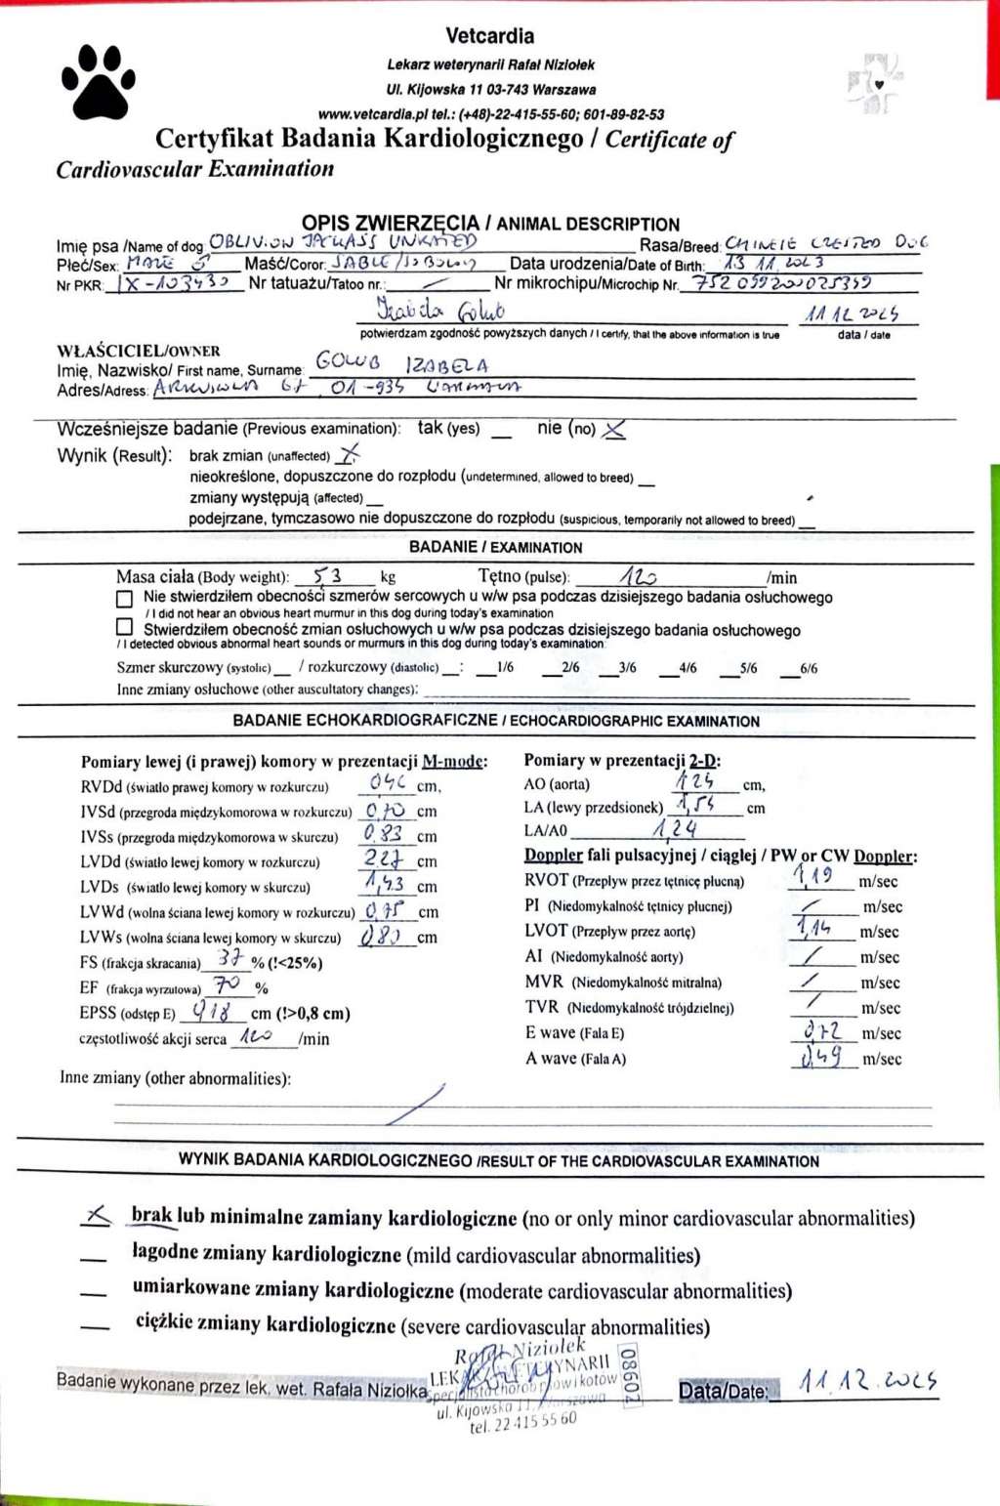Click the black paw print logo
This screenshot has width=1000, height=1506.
pyautogui.click(x=99, y=81)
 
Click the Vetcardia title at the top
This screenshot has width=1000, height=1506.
pyautogui.click(x=489, y=36)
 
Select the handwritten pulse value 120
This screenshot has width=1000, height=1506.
pyautogui.click(x=639, y=576)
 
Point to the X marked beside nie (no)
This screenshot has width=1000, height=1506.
pyautogui.click(x=614, y=429)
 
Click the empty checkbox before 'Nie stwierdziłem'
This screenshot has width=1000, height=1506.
pyautogui.click(x=124, y=598)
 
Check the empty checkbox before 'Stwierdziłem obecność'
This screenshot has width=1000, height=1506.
pyautogui.click(x=124, y=627)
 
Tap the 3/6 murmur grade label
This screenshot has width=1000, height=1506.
pyautogui.click(x=627, y=668)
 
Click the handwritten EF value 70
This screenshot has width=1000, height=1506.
pyautogui.click(x=228, y=984)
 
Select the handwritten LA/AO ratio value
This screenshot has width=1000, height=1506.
pyautogui.click(x=676, y=829)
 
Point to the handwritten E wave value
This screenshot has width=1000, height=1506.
pyautogui.click(x=821, y=1030)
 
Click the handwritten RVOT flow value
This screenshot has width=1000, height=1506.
pyautogui.click(x=812, y=876)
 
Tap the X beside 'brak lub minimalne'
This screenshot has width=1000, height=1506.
pyautogui.click(x=97, y=1215)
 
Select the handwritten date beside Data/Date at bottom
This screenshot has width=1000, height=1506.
pyautogui.click(x=867, y=1381)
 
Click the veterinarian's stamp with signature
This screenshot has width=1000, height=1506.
pyautogui.click(x=532, y=1385)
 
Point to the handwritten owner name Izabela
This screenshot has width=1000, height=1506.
pyautogui.click(x=447, y=366)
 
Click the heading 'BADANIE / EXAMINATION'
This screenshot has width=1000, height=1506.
pyautogui.click(x=495, y=547)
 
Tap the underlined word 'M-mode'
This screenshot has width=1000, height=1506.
pyautogui.click(x=452, y=761)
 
